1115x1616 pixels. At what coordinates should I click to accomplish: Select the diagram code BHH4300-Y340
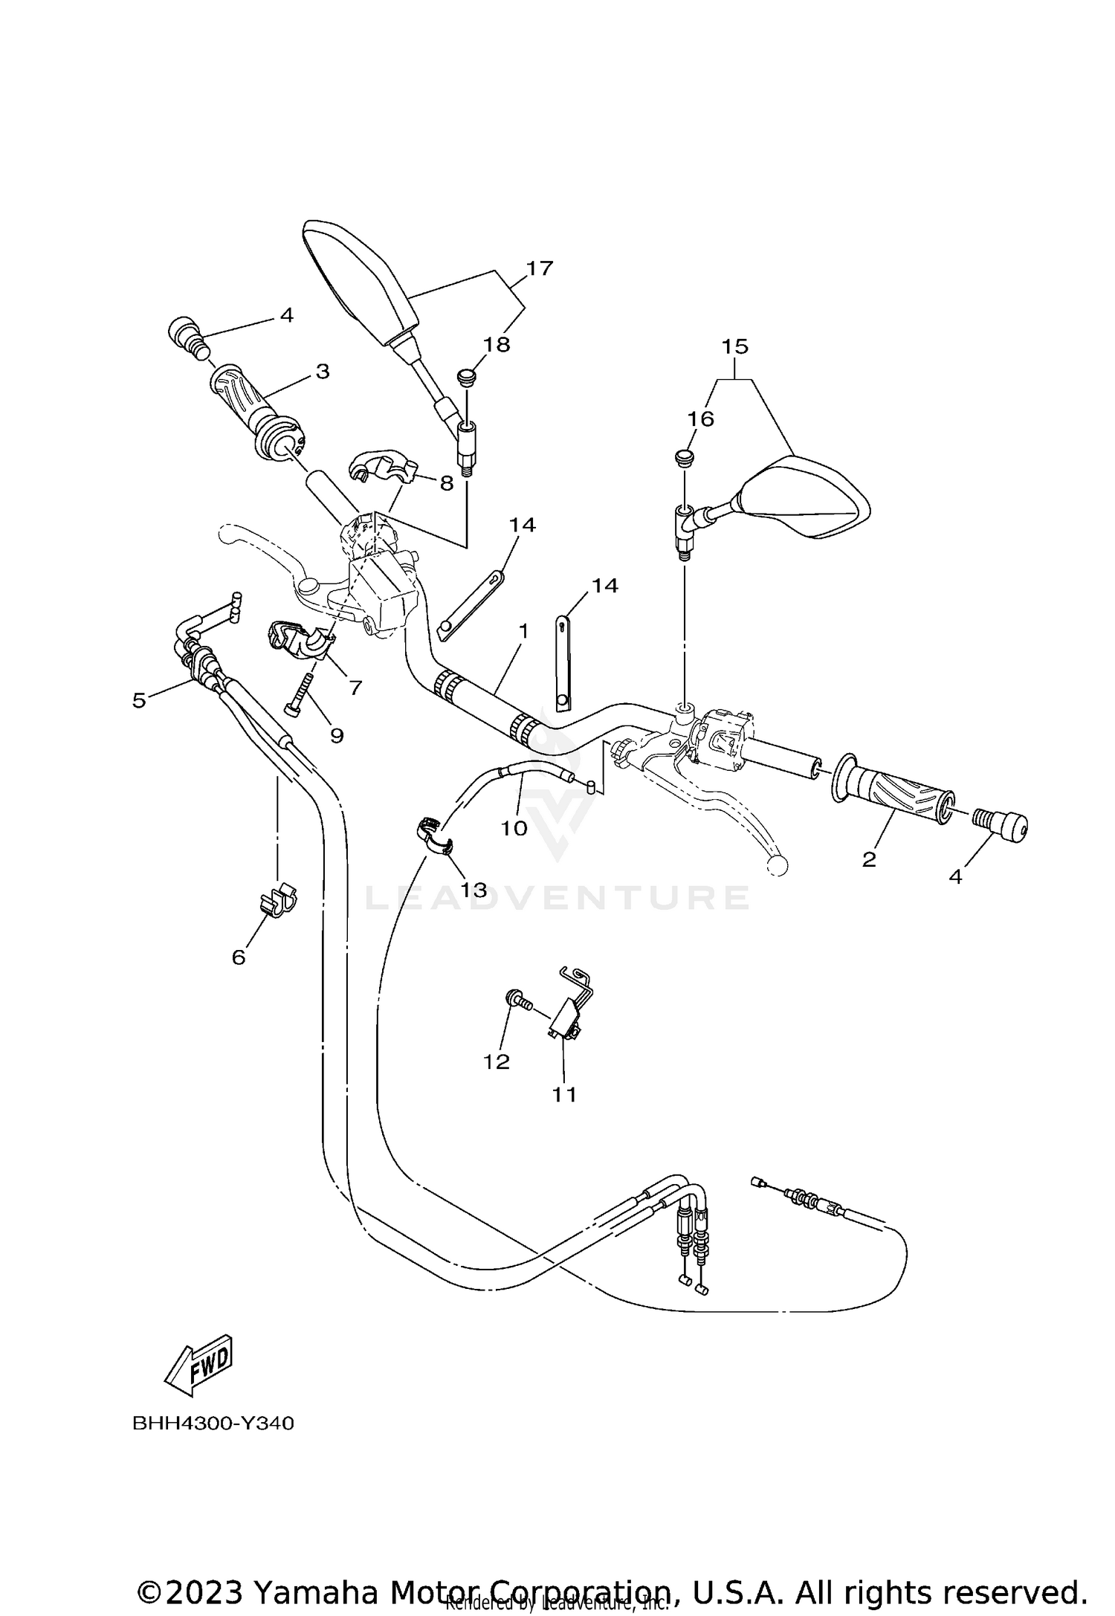coord(213,1423)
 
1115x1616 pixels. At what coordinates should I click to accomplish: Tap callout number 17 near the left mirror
coord(540,268)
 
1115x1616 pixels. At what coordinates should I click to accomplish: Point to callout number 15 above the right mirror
coord(734,346)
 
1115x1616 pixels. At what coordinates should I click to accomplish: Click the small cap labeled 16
coord(684,455)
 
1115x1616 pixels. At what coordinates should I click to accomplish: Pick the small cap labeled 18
coord(467,376)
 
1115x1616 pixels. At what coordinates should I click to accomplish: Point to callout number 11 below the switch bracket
coord(564,1094)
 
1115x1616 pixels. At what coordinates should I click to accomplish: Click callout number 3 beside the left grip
coord(322,371)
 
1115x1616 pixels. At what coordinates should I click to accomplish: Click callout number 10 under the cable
coord(514,827)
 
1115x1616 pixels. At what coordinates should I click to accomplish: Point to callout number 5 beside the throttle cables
coord(139,700)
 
